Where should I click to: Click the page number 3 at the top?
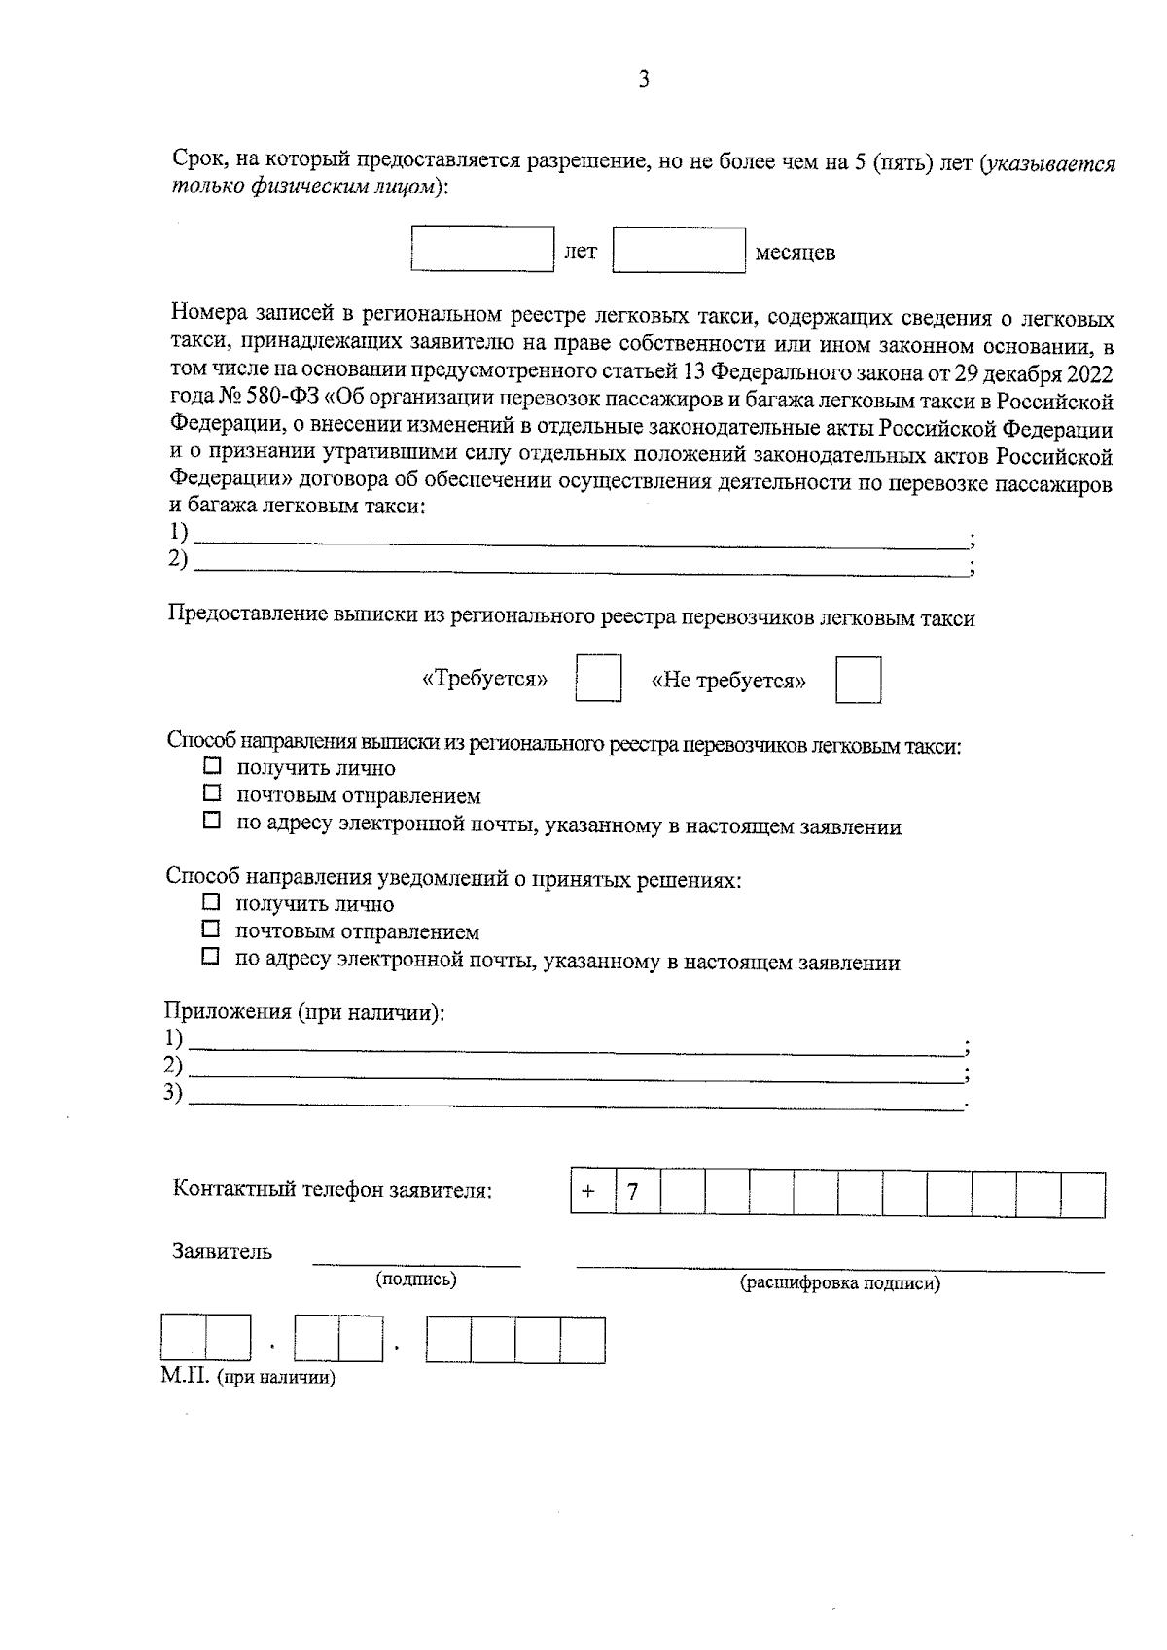point(643,80)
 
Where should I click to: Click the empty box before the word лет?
point(482,250)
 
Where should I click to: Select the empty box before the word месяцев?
point(679,250)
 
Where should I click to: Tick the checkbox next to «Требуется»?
point(598,679)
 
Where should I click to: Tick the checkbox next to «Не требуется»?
point(858,679)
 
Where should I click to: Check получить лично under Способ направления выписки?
point(212,767)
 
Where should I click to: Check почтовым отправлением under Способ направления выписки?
point(212,794)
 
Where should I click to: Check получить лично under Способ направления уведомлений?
point(212,902)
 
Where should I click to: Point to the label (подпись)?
point(416,1280)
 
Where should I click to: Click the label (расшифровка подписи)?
point(840,1283)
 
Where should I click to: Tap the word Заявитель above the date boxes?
point(222,1252)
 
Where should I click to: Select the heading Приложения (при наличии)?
point(304,1012)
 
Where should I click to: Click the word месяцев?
point(795,254)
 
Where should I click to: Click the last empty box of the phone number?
point(1081,1194)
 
